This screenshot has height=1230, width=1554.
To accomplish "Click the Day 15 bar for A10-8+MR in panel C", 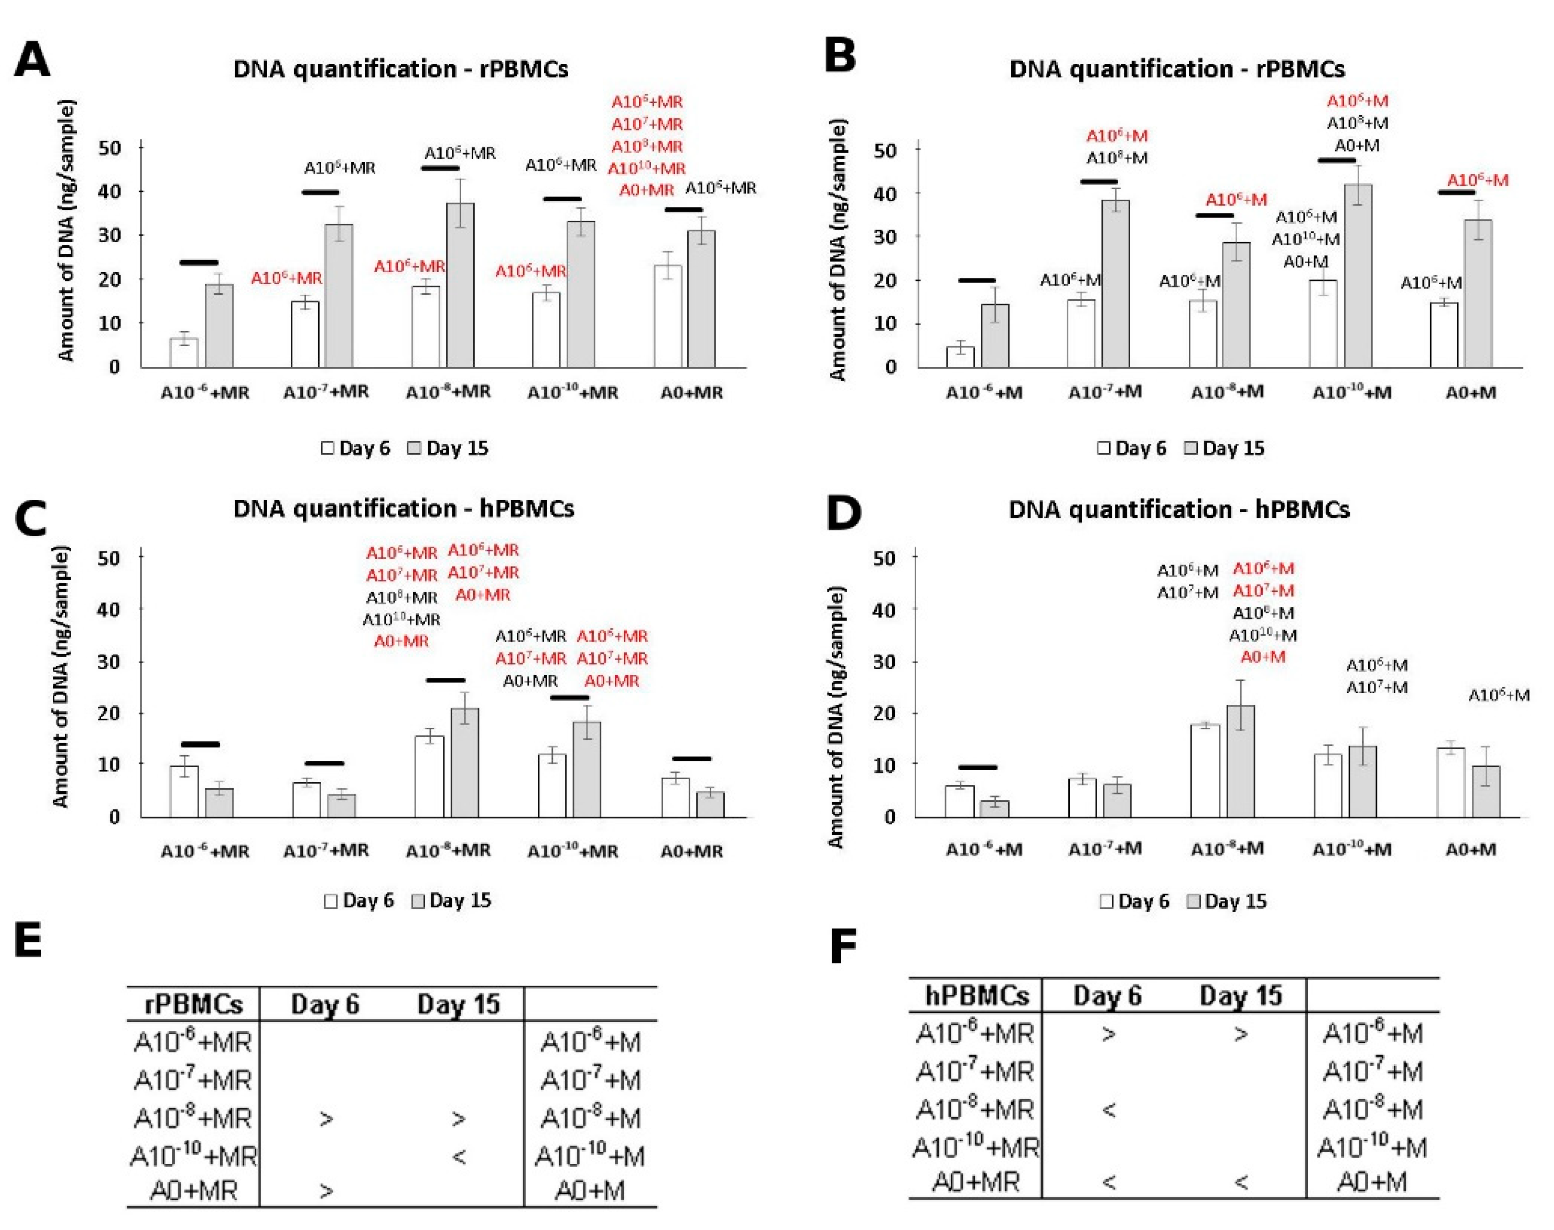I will point(464,763).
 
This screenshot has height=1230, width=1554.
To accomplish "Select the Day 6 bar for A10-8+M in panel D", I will point(1205,771).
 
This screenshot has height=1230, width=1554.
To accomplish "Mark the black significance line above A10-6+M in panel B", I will point(977,281).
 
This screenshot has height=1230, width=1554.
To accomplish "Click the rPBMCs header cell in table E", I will point(193,1004).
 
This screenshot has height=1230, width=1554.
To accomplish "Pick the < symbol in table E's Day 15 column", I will point(458,1157).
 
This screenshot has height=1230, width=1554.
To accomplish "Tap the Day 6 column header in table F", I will point(1107,996).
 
